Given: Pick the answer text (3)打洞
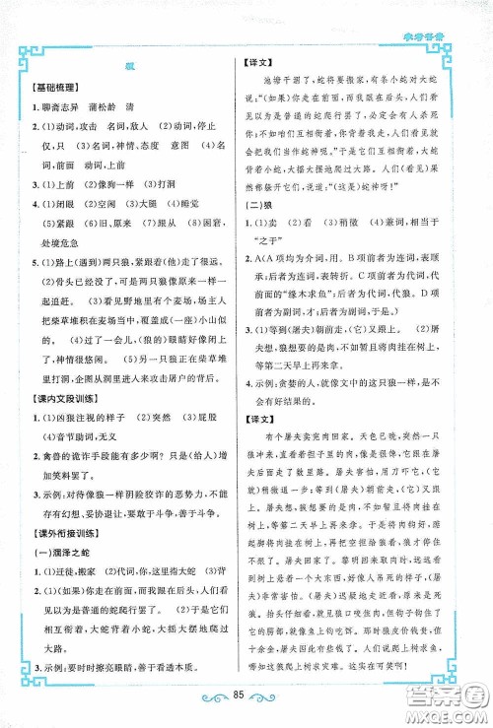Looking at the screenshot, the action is [165, 210].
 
